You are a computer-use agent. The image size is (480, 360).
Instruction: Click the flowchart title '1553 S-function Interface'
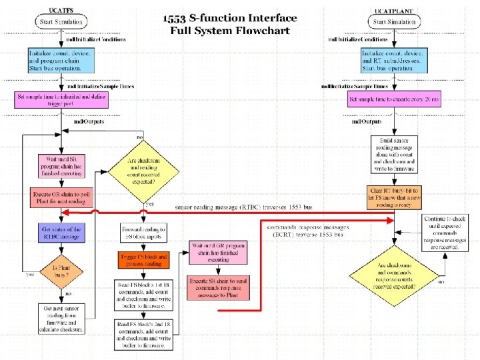230,17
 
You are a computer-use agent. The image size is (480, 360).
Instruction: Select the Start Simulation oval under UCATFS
61,23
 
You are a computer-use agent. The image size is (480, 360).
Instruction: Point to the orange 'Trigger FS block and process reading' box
144,260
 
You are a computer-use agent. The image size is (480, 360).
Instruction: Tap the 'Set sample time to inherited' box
61,100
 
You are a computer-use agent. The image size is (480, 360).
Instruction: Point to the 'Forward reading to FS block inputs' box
144,232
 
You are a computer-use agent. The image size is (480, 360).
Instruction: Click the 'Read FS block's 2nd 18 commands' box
144,335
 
